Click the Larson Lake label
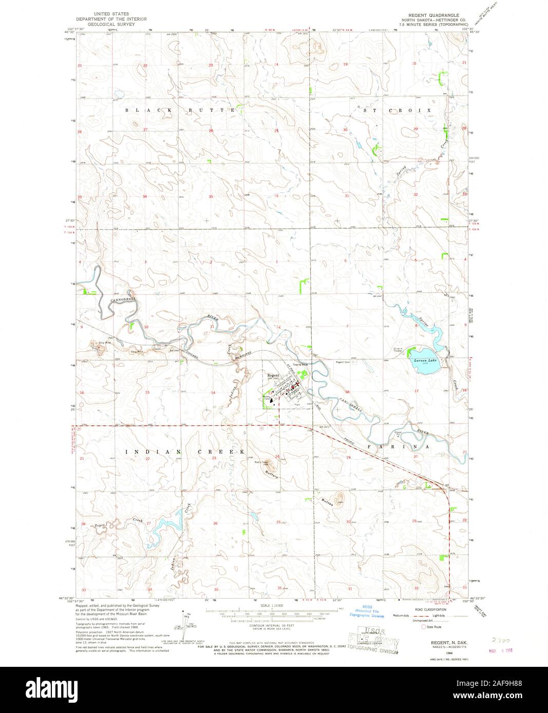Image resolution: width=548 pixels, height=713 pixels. [424, 360]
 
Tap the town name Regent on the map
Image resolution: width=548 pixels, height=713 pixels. [273, 376]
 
